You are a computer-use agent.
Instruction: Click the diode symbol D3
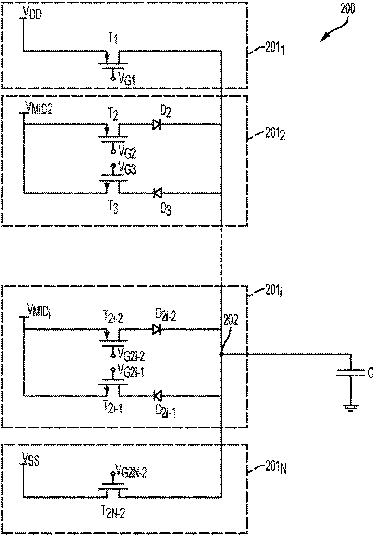pos(157,193)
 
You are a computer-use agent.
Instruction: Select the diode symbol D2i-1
pos(157,395)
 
